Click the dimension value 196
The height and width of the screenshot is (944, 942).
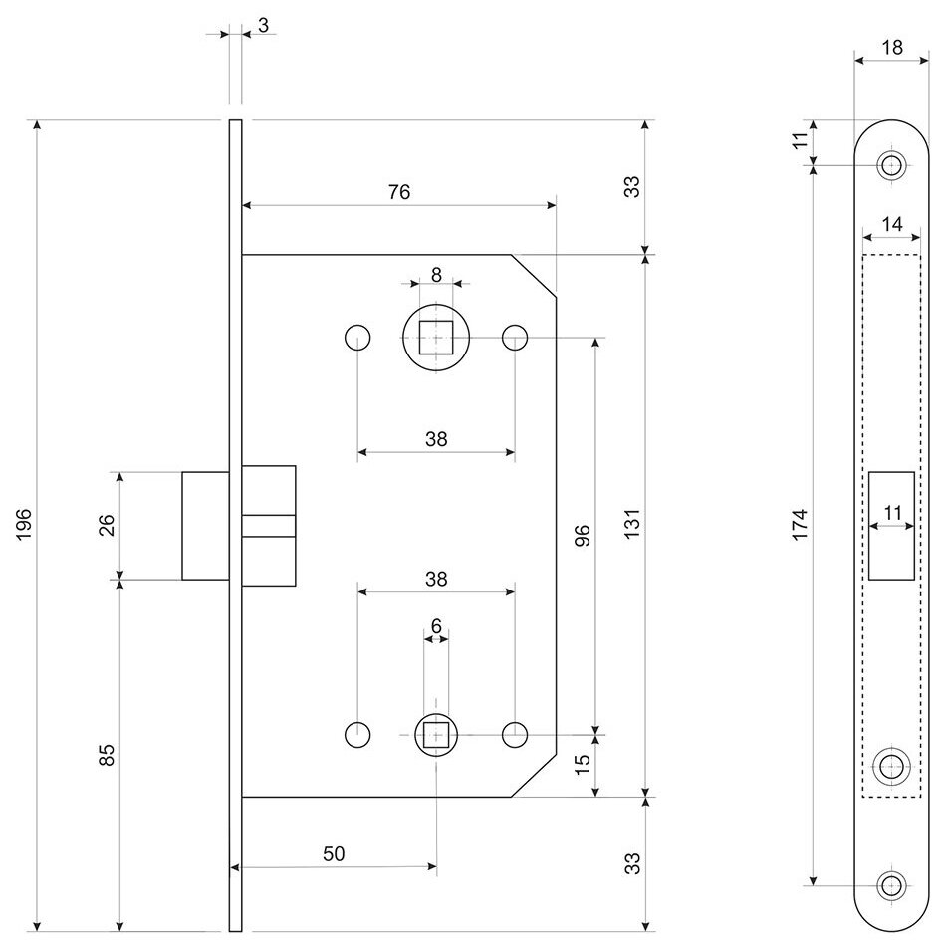click(x=25, y=524)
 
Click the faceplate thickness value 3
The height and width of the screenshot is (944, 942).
click(x=262, y=25)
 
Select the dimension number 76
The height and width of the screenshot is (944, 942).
click(x=398, y=193)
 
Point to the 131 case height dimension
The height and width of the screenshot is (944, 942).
click(x=633, y=524)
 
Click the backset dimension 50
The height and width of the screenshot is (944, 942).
click(x=335, y=854)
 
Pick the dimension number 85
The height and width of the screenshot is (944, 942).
click(x=108, y=754)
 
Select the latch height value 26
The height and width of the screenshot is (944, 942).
click(x=108, y=524)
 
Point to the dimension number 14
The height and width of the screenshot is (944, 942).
click(x=892, y=225)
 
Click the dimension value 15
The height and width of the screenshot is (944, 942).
click(x=584, y=765)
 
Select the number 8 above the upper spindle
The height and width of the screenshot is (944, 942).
click(x=436, y=274)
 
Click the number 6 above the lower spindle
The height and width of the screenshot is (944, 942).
click(x=436, y=627)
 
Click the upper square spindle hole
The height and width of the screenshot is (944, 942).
click(x=436, y=338)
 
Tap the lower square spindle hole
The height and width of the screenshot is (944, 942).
click(x=436, y=735)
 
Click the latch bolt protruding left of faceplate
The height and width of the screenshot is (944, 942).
click(x=205, y=524)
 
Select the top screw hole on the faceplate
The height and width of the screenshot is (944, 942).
click(x=892, y=165)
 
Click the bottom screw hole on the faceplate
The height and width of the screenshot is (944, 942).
click(x=892, y=883)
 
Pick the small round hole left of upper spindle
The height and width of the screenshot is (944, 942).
click(x=357, y=338)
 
